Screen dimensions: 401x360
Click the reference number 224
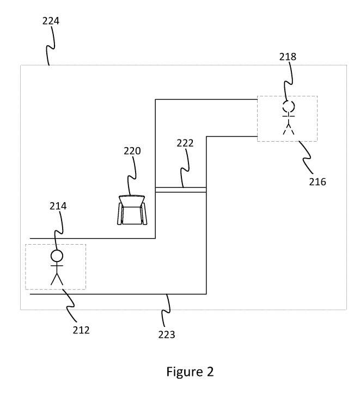click(x=51, y=21)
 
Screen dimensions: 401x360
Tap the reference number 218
click(x=288, y=57)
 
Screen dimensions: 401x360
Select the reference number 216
click(x=318, y=182)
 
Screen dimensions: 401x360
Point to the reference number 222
click(x=185, y=143)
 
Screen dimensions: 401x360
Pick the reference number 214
click(x=58, y=206)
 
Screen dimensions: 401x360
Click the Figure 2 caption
click(x=190, y=372)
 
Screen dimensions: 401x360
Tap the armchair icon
click(x=132, y=210)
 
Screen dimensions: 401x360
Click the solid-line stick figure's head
click(x=57, y=256)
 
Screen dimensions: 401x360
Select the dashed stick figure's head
click(x=288, y=106)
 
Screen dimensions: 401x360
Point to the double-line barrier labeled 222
click(x=181, y=190)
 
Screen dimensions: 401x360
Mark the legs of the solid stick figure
click(x=57, y=278)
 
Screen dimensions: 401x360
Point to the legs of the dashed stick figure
click(x=288, y=129)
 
